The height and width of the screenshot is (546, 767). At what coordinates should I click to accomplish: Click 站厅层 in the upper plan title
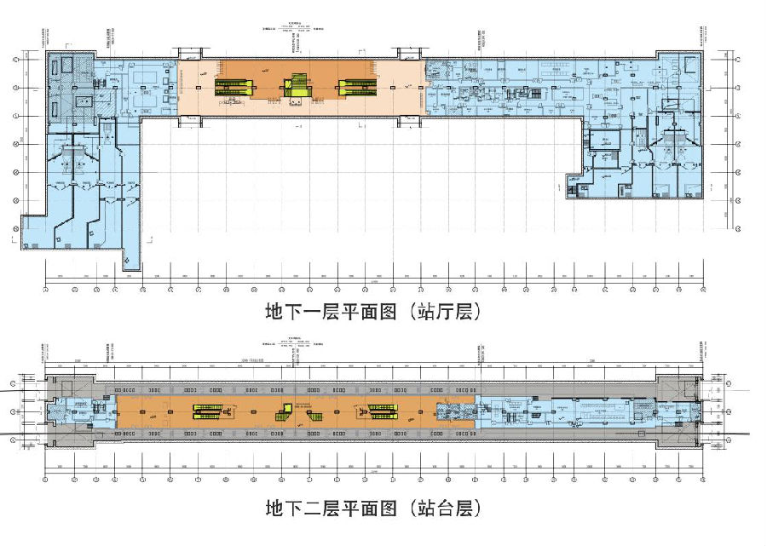pos(447,312)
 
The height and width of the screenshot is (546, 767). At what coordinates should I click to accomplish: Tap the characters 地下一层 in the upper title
pos(297,312)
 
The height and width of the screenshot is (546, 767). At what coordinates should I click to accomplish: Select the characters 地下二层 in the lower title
pos(297,509)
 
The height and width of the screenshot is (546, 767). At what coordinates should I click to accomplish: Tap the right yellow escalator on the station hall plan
pos(356,85)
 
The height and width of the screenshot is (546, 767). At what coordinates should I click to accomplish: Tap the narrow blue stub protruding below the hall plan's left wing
pos(131,256)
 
